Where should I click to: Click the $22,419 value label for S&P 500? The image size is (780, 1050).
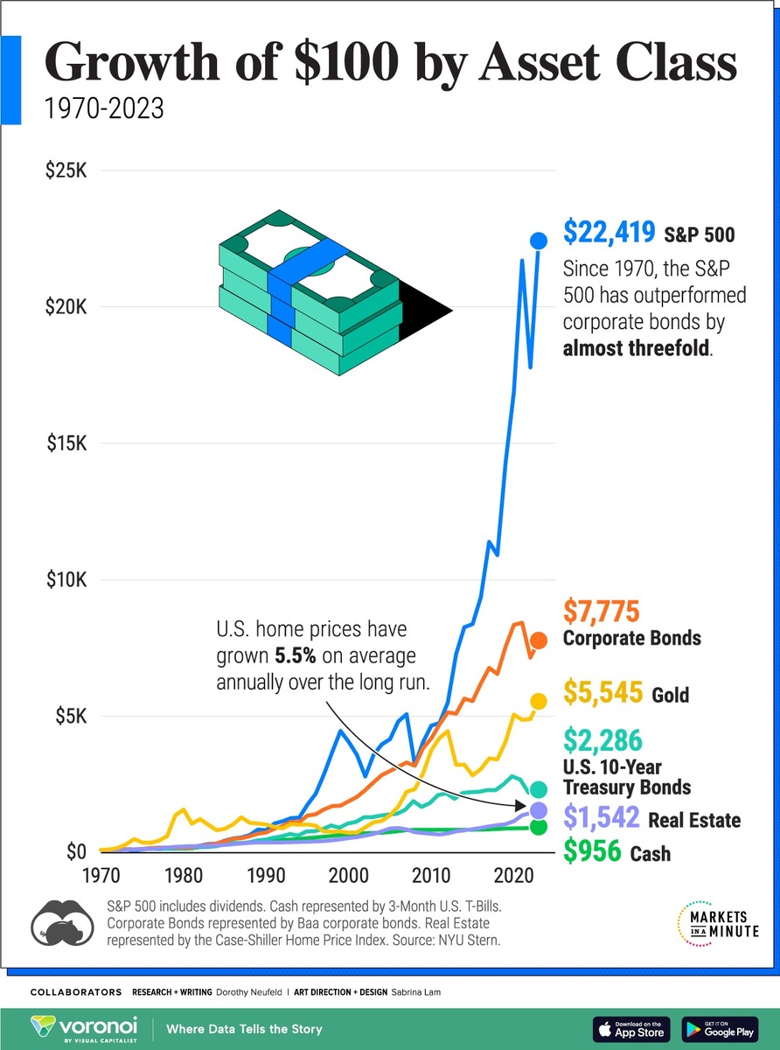[x=609, y=233]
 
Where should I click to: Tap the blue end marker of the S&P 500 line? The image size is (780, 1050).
[x=539, y=240]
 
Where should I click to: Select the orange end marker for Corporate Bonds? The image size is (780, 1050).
[x=539, y=640]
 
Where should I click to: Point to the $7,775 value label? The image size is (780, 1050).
[x=602, y=610]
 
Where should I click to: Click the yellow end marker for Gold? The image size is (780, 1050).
[x=539, y=701]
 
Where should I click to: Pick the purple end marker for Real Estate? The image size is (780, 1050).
[x=539, y=810]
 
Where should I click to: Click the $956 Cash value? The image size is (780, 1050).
[x=591, y=850]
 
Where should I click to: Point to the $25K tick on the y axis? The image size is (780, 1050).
[x=66, y=170]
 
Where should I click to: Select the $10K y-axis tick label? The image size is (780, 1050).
[x=66, y=579]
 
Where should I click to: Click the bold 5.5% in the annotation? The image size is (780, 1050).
[x=294, y=655]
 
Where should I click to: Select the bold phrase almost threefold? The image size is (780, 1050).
[x=637, y=349]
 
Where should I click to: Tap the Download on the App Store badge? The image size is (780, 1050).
[x=631, y=1029]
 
